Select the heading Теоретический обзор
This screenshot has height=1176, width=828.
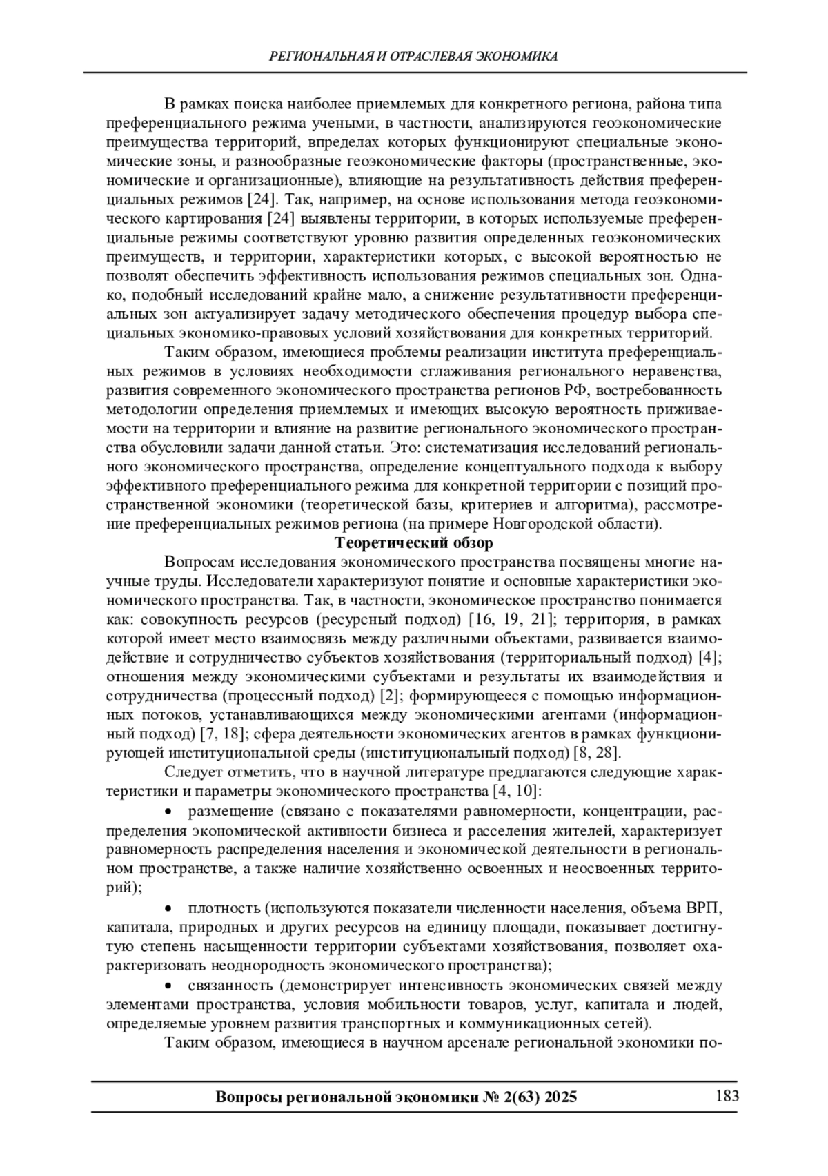pos(414,542)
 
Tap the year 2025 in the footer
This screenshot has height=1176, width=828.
pos(560,1097)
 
